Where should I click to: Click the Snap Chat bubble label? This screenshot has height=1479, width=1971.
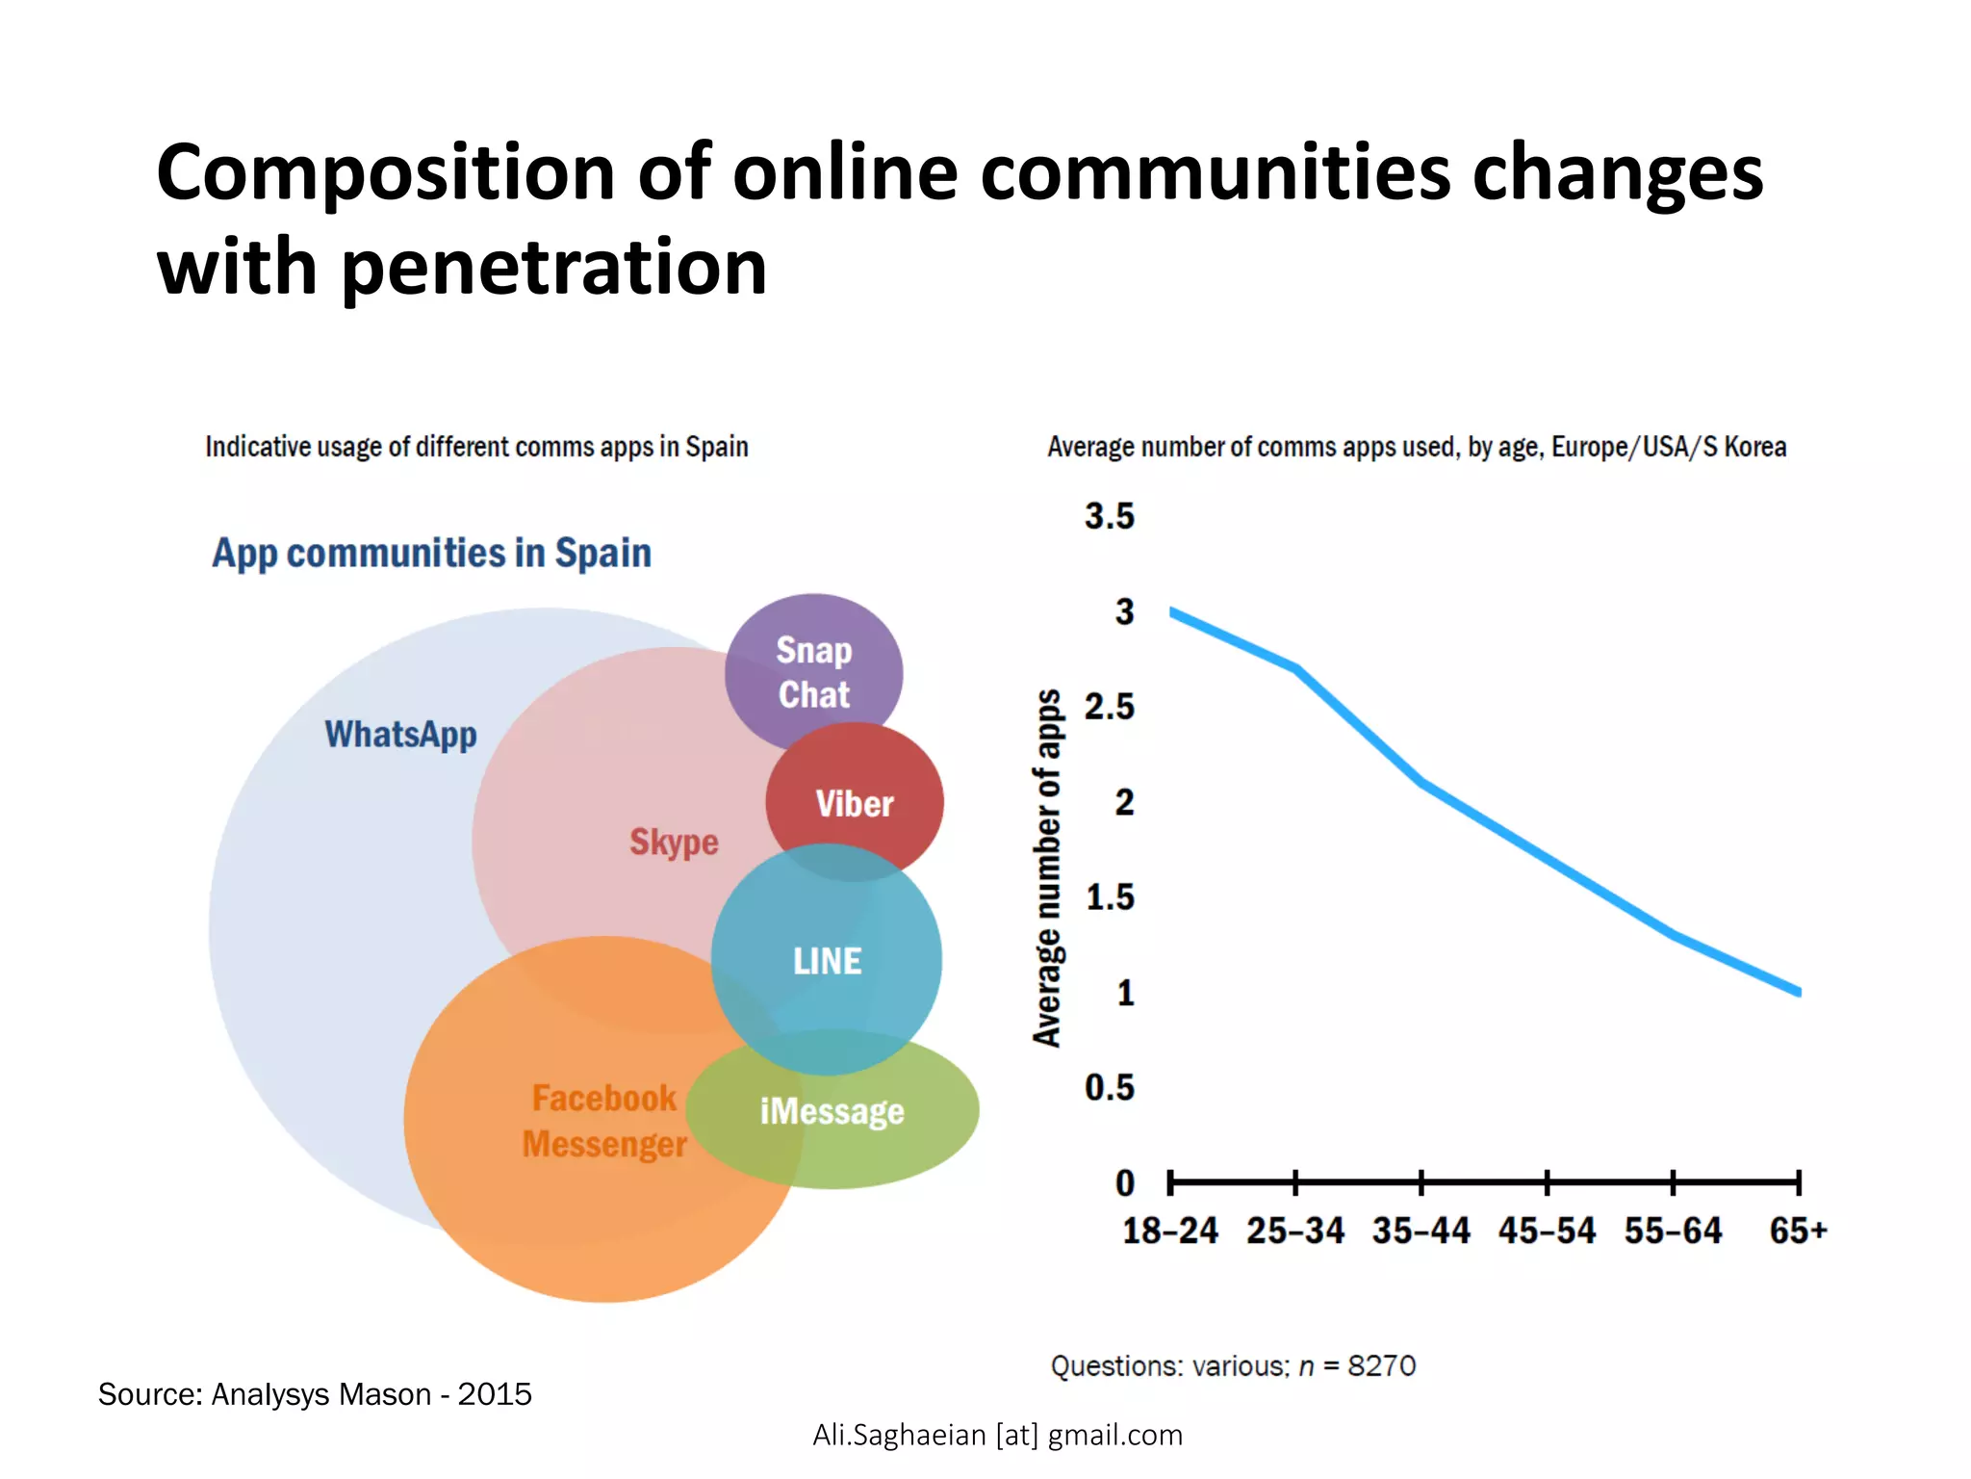(814, 672)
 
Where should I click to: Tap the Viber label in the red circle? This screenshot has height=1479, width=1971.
(855, 803)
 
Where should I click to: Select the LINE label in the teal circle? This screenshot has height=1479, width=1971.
(827, 961)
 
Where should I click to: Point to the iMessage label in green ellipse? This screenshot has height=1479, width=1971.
(832, 1111)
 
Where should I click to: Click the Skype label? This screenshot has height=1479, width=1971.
(674, 842)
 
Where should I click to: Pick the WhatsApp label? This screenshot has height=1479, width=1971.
(400, 735)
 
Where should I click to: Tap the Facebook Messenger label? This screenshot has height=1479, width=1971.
(604, 1121)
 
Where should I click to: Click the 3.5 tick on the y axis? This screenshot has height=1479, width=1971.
(1109, 516)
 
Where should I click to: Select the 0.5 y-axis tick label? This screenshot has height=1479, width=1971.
(1109, 1087)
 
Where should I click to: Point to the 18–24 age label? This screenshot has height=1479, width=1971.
(1169, 1231)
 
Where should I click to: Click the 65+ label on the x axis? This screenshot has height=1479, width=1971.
(1798, 1231)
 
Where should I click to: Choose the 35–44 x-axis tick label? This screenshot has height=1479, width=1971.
(1421, 1231)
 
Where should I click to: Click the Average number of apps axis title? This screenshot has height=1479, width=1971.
(1047, 868)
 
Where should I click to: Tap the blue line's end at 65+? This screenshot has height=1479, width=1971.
(1798, 991)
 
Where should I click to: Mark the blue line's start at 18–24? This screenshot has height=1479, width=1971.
(1172, 611)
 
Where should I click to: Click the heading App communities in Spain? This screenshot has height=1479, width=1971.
(431, 554)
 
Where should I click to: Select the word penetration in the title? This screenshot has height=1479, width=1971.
(554, 267)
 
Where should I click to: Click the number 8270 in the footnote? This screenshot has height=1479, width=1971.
(1381, 1365)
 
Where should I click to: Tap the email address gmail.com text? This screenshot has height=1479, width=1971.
(1114, 1435)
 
